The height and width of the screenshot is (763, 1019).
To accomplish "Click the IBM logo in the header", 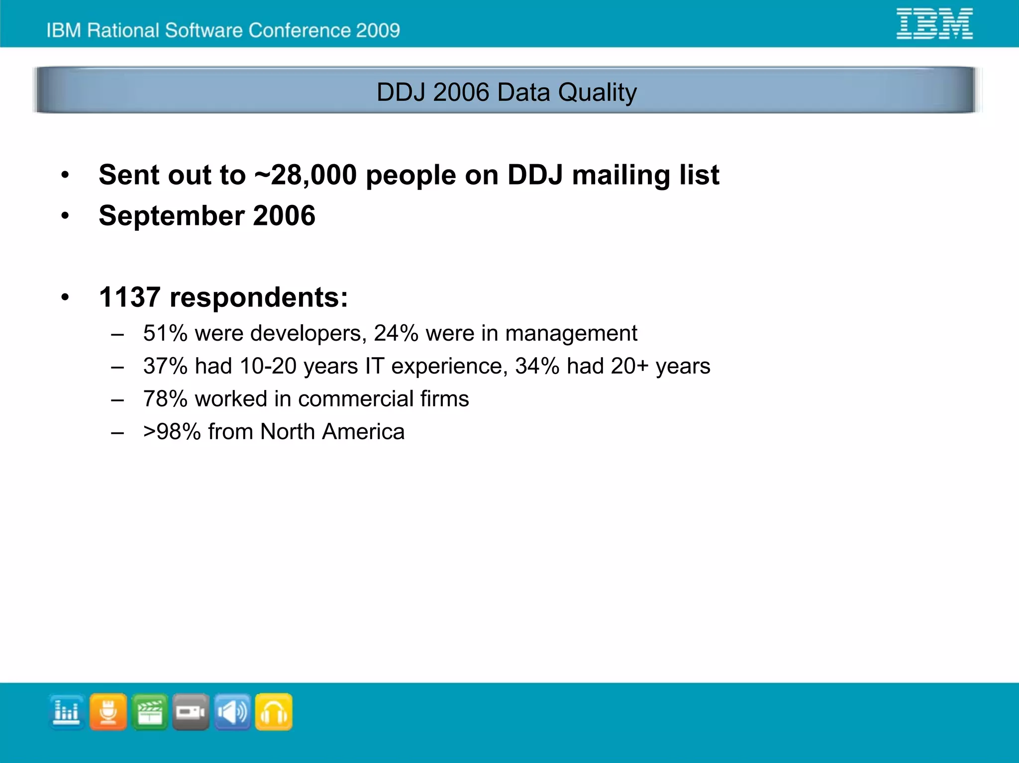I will pyautogui.click(x=934, y=23).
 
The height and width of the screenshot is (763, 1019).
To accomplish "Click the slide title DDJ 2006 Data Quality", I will pyautogui.click(x=507, y=92).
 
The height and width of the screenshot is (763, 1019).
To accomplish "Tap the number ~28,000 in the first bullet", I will pyautogui.click(x=306, y=175).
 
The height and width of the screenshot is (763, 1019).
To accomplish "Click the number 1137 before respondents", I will pyautogui.click(x=129, y=297).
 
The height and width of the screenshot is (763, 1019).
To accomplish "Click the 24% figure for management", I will pyautogui.click(x=396, y=333).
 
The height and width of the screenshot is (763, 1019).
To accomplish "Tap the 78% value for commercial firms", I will pyautogui.click(x=165, y=399).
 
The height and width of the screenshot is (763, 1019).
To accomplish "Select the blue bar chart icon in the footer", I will pyautogui.click(x=67, y=712).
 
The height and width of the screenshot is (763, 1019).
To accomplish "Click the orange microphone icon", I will pyautogui.click(x=108, y=712).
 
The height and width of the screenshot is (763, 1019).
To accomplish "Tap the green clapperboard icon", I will pyautogui.click(x=149, y=712).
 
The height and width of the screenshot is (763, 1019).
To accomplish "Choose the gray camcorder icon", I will pyautogui.click(x=191, y=712).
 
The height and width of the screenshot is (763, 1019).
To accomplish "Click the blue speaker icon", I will pyautogui.click(x=232, y=712).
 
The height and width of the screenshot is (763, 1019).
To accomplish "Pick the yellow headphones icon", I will pyautogui.click(x=274, y=712).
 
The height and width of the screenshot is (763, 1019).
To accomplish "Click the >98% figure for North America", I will pyautogui.click(x=172, y=432).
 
